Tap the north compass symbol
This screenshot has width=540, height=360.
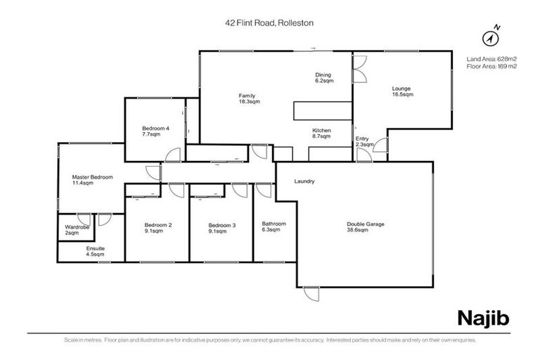491,36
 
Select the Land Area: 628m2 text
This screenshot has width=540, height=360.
491,58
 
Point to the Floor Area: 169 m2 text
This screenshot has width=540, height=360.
491,66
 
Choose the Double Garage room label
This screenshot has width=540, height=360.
365,227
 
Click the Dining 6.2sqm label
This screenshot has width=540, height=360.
323,77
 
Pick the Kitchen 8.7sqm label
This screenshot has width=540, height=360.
321,134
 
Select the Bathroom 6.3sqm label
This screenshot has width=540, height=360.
274,227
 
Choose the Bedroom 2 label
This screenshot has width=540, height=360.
157,228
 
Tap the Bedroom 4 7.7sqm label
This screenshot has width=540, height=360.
155,131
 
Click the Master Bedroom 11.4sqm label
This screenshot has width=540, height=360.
91,180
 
